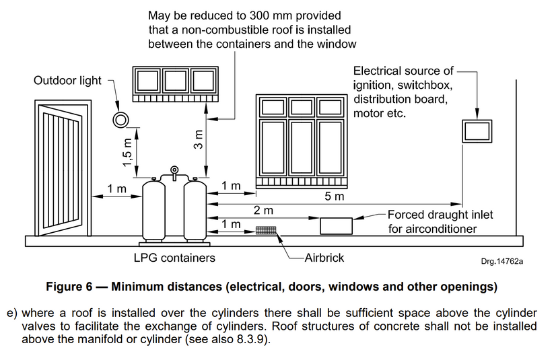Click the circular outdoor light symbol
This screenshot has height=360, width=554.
point(121,120)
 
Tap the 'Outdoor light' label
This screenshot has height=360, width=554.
point(68,81)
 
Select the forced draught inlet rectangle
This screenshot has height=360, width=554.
point(336,225)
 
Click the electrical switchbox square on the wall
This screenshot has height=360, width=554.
point(477,131)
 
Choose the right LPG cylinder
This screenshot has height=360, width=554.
point(195,210)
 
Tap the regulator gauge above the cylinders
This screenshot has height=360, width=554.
point(175,170)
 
